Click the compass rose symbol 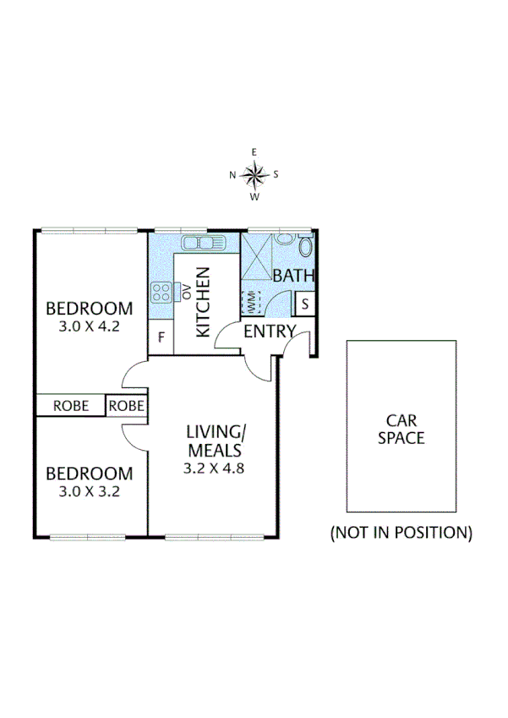pyautogui.click(x=254, y=175)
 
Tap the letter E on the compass pyautogui.click(x=254, y=152)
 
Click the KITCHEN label pyautogui.click(x=203, y=303)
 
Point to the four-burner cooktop pyautogui.click(x=160, y=293)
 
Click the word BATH pyautogui.click(x=293, y=275)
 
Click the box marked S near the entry pyautogui.click(x=305, y=303)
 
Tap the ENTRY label pyautogui.click(x=269, y=332)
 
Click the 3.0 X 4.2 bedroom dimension pyautogui.click(x=89, y=325)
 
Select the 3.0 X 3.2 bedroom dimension pyautogui.click(x=89, y=491)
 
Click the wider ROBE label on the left pyautogui.click(x=70, y=406)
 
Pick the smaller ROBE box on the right pyautogui.click(x=127, y=406)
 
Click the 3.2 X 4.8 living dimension pyautogui.click(x=214, y=467)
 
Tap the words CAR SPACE pyautogui.click(x=401, y=429)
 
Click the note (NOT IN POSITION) pyautogui.click(x=401, y=533)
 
